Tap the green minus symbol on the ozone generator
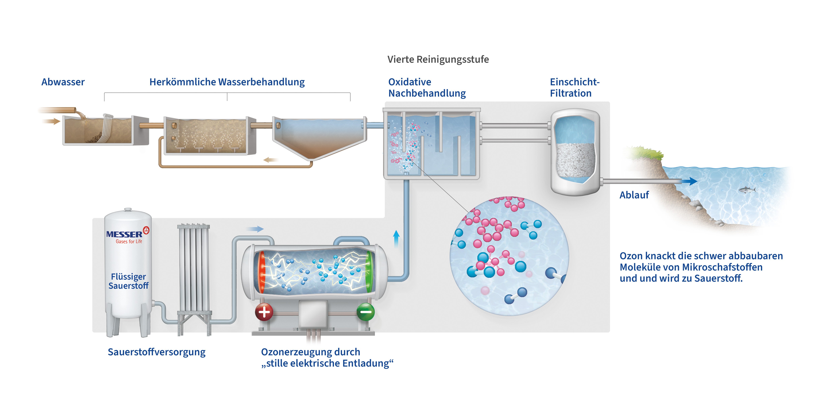tap(366, 312)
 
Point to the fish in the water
tap(747, 189)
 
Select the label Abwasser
tap(63, 82)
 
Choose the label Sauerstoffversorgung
tap(156, 352)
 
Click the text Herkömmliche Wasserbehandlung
tap(227, 82)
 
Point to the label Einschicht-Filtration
tap(574, 88)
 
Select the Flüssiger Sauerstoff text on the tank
tap(129, 281)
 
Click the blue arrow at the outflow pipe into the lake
tap(691, 181)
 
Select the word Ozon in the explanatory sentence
tap(631, 256)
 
